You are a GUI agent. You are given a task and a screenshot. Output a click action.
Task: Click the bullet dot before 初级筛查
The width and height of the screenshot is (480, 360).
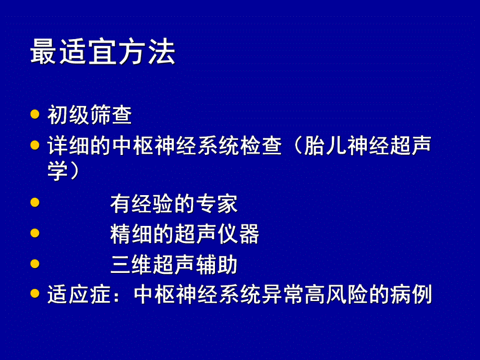35,114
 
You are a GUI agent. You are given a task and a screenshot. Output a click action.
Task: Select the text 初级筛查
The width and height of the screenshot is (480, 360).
89,115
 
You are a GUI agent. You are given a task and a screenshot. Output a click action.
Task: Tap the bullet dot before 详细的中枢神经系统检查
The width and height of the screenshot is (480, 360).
35,145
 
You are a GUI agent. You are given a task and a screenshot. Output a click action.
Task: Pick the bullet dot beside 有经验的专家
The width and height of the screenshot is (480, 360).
35,202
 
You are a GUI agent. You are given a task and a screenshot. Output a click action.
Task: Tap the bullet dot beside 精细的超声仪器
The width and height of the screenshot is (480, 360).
35,233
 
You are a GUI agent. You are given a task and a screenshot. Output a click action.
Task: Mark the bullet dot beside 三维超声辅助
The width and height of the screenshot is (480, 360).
35,263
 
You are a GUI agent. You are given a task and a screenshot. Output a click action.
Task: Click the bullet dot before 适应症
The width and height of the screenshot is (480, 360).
35,293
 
